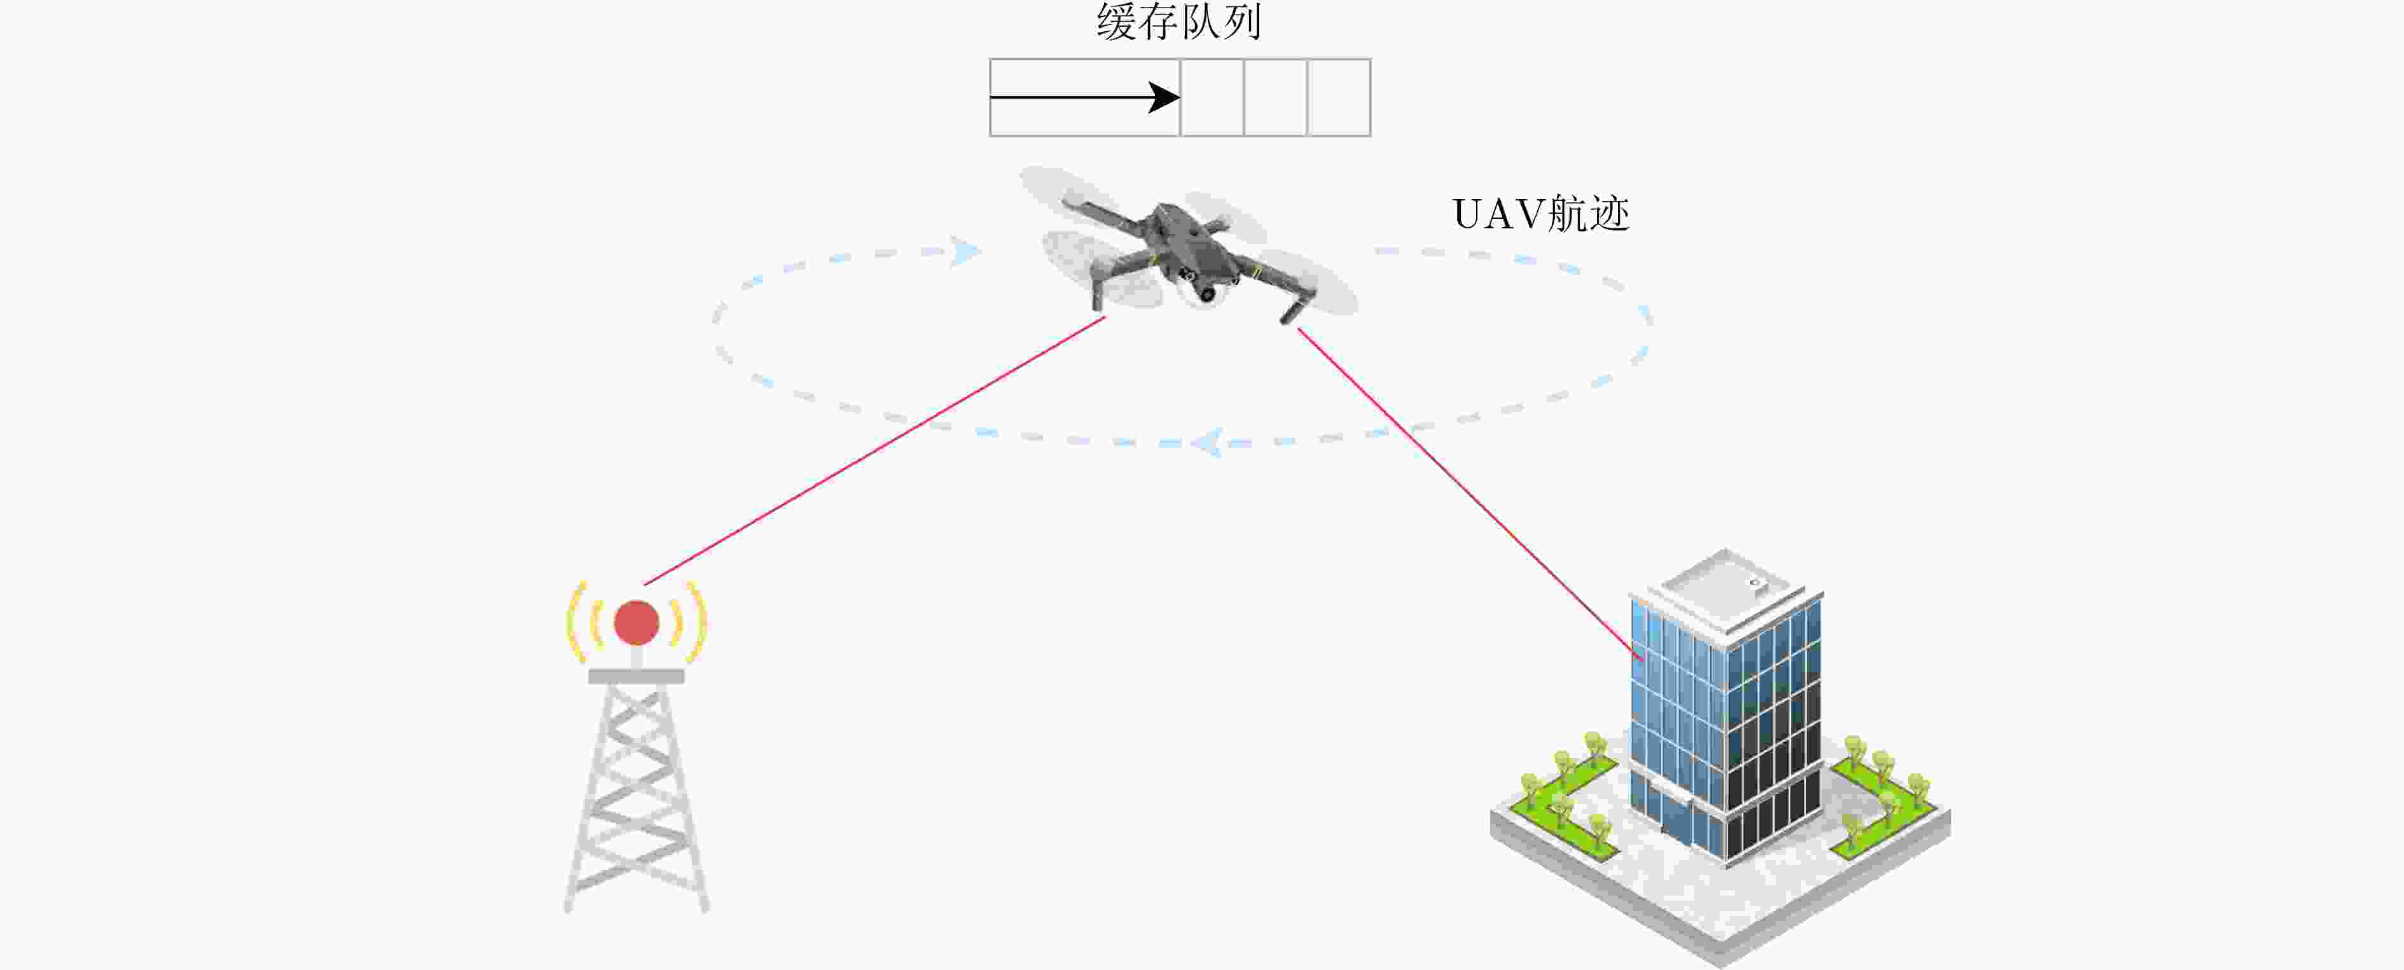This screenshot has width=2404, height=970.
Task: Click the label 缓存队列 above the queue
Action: pyautogui.click(x=1178, y=22)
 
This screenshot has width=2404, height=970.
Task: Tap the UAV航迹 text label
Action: pyautogui.click(x=1541, y=214)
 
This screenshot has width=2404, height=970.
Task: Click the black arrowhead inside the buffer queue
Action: pyautogui.click(x=1164, y=97)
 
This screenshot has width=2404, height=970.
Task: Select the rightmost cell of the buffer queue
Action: pyautogui.click(x=1339, y=97)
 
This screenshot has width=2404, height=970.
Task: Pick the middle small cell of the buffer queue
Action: pyautogui.click(x=1276, y=97)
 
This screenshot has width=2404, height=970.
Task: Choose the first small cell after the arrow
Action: pyautogui.click(x=1212, y=97)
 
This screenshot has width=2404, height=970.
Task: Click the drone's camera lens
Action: pyautogui.click(x=1206, y=294)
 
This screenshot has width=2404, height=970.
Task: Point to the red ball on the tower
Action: pyautogui.click(x=637, y=623)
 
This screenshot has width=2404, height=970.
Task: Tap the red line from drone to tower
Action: pyautogui.click(x=874, y=451)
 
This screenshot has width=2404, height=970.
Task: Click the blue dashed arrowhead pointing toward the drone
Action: pyautogui.click(x=966, y=251)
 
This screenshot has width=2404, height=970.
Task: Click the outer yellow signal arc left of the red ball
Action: pyautogui.click(x=576, y=623)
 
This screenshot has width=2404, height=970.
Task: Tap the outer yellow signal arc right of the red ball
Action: pyautogui.click(x=698, y=623)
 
